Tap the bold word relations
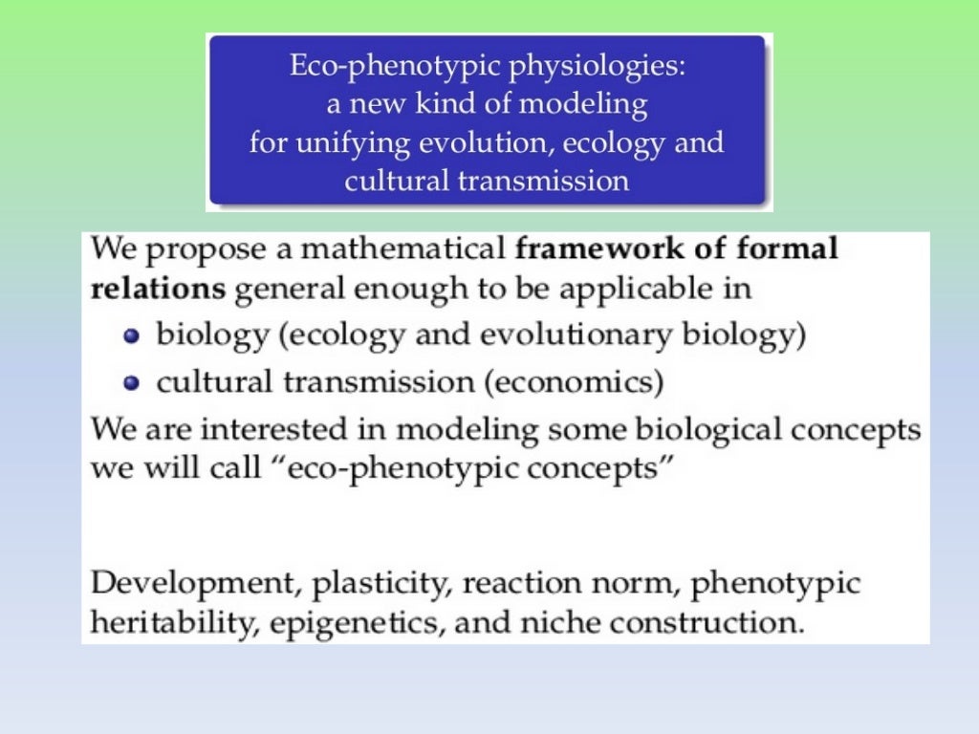coord(158,289)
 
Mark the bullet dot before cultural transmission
coord(133,383)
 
